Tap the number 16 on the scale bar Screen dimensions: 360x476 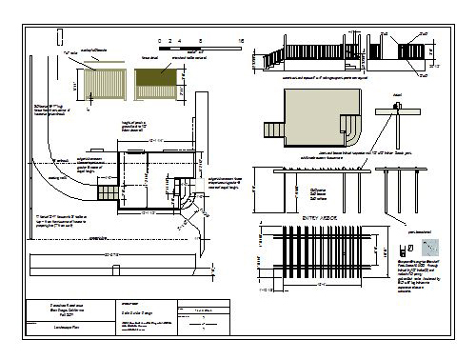241,42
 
